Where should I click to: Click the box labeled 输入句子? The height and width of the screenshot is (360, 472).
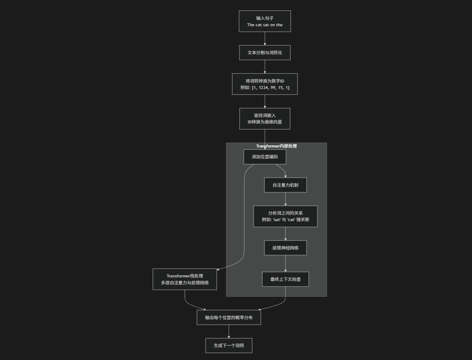[x=265, y=21]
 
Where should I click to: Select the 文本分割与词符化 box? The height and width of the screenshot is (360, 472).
[x=265, y=52]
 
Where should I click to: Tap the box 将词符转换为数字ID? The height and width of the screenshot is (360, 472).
[x=265, y=84]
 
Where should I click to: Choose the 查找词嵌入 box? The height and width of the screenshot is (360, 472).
[x=265, y=118]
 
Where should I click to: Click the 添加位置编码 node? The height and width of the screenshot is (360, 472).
[x=265, y=157]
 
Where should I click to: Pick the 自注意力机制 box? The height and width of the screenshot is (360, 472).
[x=285, y=185]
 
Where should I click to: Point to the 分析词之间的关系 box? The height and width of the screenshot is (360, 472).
[x=285, y=216]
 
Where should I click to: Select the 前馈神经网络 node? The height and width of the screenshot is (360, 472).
[x=285, y=248]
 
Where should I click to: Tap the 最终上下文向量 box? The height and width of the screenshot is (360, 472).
[x=285, y=279]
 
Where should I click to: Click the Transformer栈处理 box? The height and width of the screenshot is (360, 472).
[x=185, y=279]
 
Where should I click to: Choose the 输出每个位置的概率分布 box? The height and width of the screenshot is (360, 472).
[x=229, y=317]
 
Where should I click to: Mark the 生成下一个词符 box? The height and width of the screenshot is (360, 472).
[x=229, y=345]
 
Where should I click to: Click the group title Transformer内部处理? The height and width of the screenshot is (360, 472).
[x=276, y=146]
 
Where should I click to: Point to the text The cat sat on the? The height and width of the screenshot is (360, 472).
[x=265, y=25]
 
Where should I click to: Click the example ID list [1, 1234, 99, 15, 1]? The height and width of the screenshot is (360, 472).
[x=271, y=88]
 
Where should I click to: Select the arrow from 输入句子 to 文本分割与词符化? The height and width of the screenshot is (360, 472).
[x=265, y=38]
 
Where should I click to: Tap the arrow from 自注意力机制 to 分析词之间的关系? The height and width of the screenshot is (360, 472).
[x=285, y=199]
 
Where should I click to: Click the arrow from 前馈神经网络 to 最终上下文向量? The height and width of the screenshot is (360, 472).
[x=285, y=263]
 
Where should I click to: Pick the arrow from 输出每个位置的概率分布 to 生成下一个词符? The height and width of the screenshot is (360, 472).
[x=229, y=331]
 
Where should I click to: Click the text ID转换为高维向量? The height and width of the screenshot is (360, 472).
[x=265, y=122]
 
